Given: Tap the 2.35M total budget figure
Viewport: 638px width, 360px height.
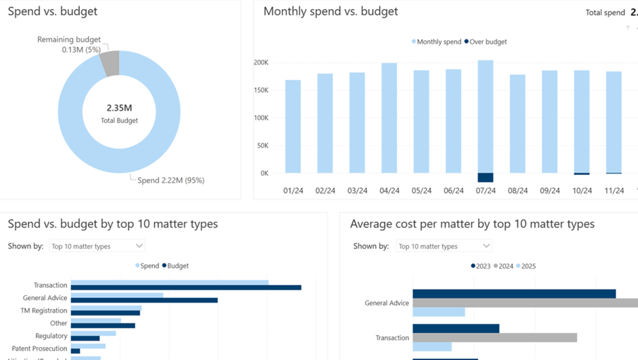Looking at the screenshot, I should pos(119,108).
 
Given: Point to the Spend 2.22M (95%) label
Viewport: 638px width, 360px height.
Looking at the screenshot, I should pos(171,180).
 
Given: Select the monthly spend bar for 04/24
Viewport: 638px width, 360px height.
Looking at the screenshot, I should pos(389,118).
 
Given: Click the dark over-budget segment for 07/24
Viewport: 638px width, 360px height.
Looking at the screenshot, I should pos(485,178).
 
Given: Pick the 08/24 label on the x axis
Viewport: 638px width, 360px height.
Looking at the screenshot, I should pos(518,190).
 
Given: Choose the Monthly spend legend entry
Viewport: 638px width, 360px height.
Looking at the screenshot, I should pos(437,42).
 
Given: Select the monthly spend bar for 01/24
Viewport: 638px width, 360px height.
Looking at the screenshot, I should pos(293,127).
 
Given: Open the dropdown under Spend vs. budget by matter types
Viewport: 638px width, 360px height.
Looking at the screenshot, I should pos(97,246).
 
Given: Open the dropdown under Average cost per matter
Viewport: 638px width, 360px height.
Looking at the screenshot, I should pos(444,246).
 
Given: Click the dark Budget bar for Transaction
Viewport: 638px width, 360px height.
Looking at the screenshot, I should pos(186,288).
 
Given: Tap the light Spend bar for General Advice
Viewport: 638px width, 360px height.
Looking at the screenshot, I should pos(117,295).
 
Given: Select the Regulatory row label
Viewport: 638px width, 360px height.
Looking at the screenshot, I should pos(51,336).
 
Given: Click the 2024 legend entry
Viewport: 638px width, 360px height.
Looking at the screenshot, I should pos(503,266).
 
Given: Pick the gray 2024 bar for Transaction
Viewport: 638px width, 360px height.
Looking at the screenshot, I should pos(494,338).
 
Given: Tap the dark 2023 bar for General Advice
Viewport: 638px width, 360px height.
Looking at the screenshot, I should pos(514,294).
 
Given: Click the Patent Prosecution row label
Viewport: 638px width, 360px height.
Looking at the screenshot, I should pos(39,349).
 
